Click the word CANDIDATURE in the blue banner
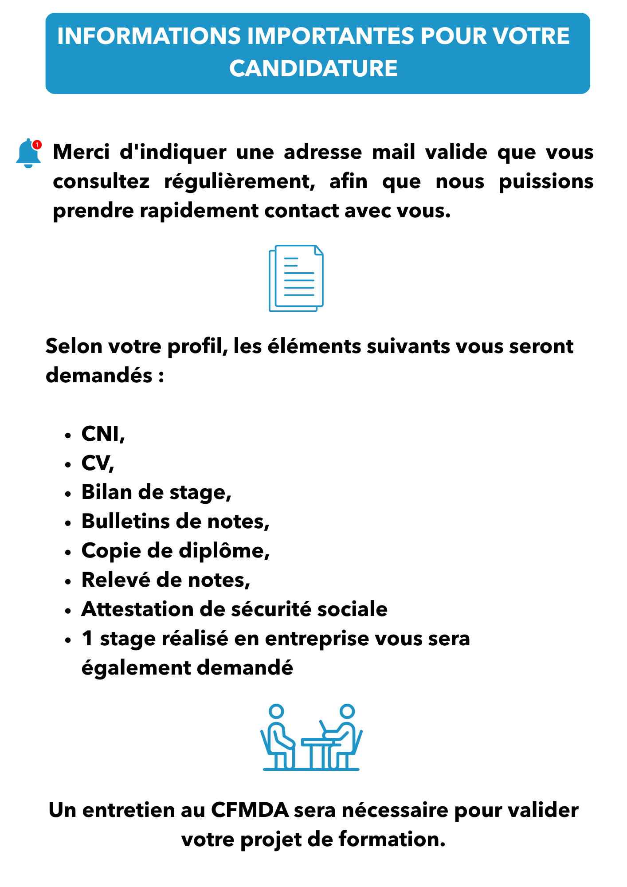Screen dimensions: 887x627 [313, 68]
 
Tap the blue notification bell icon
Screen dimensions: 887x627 [27, 154]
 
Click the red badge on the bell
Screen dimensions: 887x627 [37, 145]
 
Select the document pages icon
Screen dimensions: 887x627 [296, 278]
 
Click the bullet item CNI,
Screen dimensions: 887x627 [103, 434]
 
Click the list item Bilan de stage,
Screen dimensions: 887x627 [157, 492]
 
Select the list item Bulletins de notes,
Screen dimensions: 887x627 [176, 522]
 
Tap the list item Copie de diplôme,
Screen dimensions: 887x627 [176, 551]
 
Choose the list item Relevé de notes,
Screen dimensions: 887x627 [166, 580]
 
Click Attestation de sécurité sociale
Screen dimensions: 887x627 [235, 609]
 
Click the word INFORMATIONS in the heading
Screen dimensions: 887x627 [149, 36]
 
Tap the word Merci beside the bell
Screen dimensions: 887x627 [81, 152]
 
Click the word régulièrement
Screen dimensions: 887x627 [239, 181]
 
